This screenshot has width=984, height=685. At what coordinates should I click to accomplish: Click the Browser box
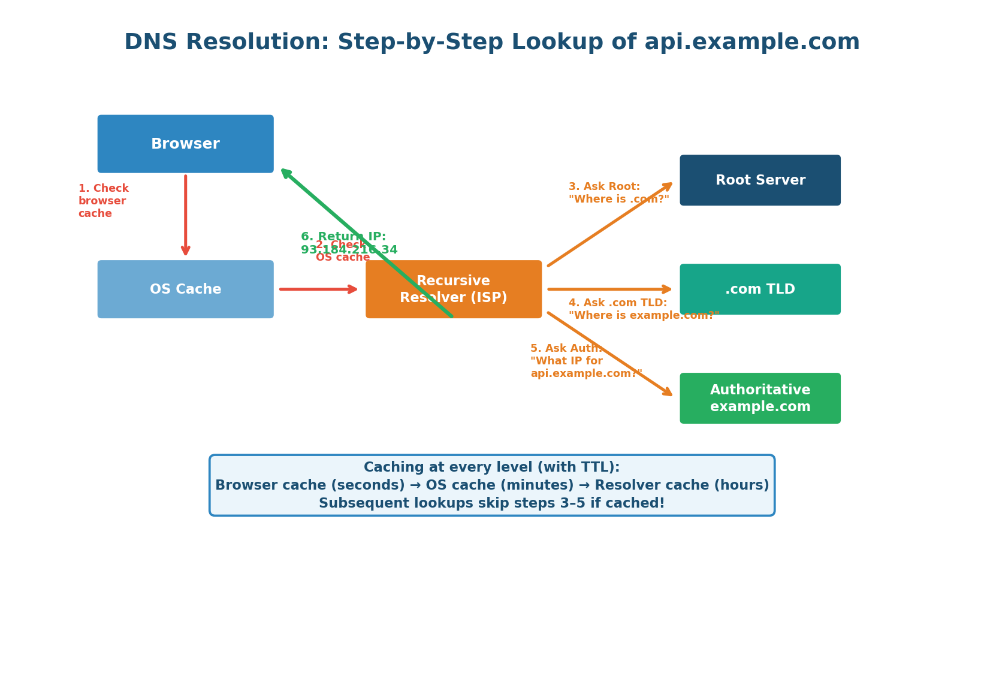185,144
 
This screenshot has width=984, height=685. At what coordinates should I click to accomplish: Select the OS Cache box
185,289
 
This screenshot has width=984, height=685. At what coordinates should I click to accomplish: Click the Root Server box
760,180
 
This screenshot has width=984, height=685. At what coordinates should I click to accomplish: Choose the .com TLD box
760,289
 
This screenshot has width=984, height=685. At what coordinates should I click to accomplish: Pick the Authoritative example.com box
760,398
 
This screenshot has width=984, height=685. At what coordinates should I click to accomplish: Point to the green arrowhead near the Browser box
285,173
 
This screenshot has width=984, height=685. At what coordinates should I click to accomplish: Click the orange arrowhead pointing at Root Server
668,186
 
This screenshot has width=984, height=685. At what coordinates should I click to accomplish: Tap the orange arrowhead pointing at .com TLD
667,289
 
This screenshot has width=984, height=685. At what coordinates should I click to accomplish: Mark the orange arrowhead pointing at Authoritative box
667,392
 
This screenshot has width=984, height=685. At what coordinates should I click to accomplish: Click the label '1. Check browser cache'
103,201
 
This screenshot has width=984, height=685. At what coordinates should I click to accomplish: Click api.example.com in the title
751,43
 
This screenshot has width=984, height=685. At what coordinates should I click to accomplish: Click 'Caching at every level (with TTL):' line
491,467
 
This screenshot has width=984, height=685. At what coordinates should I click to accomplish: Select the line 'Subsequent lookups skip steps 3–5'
491,503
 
